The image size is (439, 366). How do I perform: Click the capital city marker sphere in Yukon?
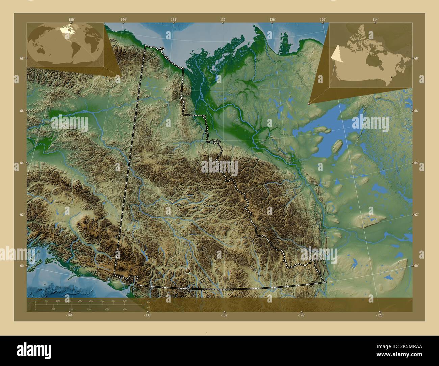(x=187, y=270)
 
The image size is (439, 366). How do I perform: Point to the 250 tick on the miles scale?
(x=125, y=309)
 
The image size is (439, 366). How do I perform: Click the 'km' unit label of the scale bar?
(x=148, y=302)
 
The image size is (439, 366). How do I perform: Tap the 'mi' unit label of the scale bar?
(x=148, y=307)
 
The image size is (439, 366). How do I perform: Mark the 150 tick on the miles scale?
(x=89, y=309)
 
